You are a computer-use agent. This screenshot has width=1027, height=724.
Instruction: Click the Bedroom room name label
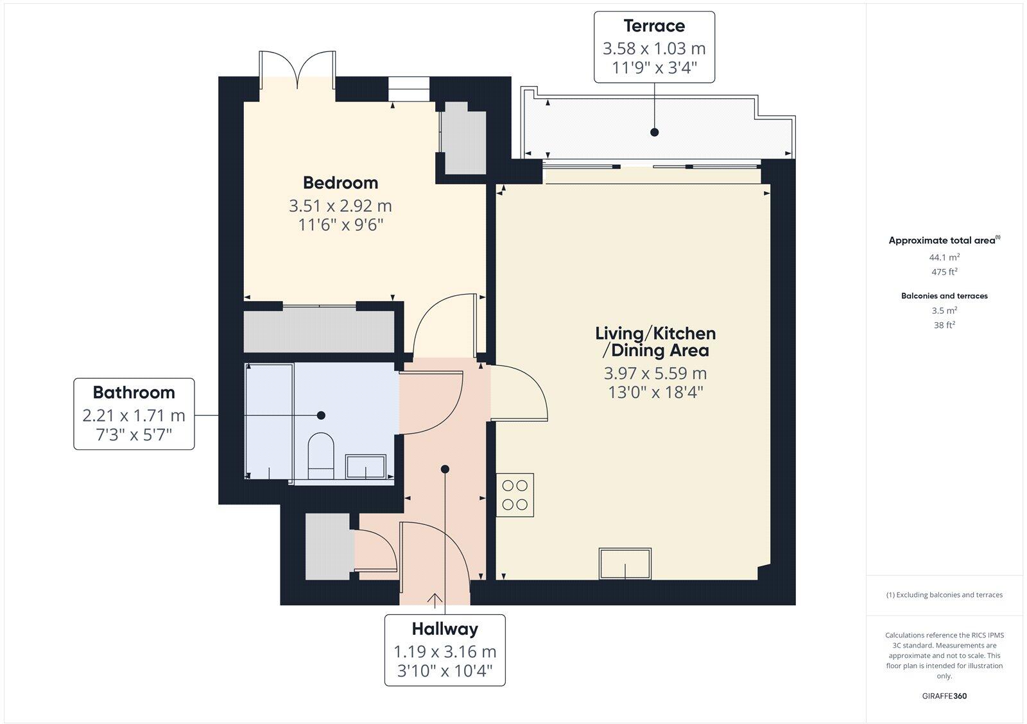point(340,183)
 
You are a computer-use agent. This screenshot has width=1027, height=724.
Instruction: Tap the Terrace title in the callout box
point(654,26)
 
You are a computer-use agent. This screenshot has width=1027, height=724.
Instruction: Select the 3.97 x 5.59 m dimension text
point(655,374)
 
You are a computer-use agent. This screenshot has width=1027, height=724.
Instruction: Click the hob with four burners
point(515,495)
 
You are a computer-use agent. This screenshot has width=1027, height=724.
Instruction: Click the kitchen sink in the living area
point(625,563)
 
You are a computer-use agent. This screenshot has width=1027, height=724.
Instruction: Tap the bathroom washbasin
point(366,467)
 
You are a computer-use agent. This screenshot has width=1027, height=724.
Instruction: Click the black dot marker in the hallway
point(445,469)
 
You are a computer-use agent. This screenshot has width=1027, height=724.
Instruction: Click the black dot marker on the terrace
point(654,132)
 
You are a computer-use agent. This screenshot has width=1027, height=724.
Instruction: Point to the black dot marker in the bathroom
point(321,415)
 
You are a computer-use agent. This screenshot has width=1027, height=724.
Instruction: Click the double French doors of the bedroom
point(297,71)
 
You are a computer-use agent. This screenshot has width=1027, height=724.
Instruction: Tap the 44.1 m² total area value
point(944,257)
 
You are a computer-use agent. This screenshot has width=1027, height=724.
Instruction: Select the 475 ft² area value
point(944,271)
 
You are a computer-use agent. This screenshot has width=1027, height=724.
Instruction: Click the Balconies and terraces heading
point(944,296)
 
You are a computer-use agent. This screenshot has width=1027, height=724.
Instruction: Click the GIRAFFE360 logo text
point(944,696)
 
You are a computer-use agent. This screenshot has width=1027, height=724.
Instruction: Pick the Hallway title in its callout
point(445,629)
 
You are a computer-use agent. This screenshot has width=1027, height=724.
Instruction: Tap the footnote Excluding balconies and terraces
point(944,595)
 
